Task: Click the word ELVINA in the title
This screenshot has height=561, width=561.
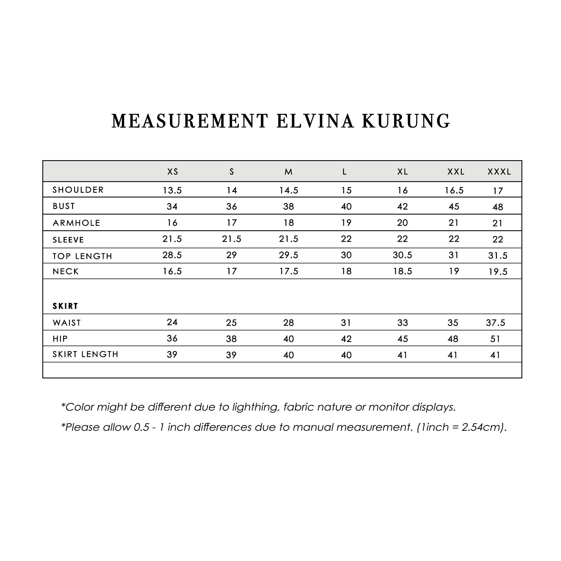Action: coord(315,121)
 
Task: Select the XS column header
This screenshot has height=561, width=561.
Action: coord(173,172)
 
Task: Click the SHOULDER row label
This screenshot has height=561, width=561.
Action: coord(78,190)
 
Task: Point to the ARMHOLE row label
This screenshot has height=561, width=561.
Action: coord(76,223)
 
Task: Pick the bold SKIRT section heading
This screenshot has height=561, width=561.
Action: coord(65,306)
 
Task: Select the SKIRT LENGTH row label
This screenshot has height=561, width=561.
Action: coord(85,354)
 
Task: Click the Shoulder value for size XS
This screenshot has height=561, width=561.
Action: coord(172,190)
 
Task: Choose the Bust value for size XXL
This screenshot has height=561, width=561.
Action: coord(454,206)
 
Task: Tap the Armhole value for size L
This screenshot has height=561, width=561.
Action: coord(346,223)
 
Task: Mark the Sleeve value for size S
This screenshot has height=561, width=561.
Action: coord(231,239)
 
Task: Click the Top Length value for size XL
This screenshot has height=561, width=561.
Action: coord(403,255)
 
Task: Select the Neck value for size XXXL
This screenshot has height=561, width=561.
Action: coord(498,272)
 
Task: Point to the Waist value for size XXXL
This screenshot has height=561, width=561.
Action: coord(495,323)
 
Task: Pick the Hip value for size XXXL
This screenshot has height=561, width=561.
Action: coord(495,339)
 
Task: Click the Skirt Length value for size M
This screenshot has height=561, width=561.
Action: coord(289,355)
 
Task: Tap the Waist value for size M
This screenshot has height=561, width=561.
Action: coord(289,323)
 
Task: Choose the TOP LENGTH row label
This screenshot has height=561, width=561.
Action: coord(82,256)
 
